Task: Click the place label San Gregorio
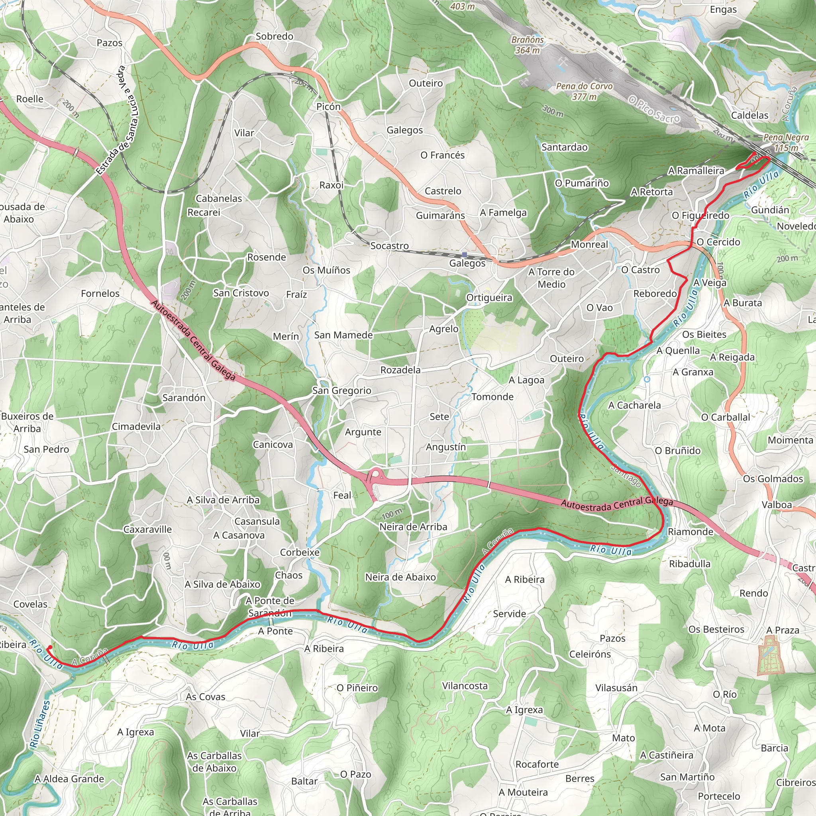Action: [342, 391]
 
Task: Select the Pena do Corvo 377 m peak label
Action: [584, 91]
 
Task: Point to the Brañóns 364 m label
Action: [528, 45]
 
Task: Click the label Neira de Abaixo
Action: [400, 577]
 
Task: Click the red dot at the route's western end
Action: [50, 647]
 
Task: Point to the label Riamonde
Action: [690, 532]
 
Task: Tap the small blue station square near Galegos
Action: [465, 255]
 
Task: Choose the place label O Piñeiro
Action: [357, 688]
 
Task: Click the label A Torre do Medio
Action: [551, 278]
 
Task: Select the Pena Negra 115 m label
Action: [786, 142]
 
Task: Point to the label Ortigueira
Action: [489, 298]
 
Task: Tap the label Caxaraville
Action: [147, 530]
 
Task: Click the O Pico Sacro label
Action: [654, 109]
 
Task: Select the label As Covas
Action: [206, 697]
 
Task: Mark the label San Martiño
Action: [687, 777]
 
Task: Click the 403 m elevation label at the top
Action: [463, 6]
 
